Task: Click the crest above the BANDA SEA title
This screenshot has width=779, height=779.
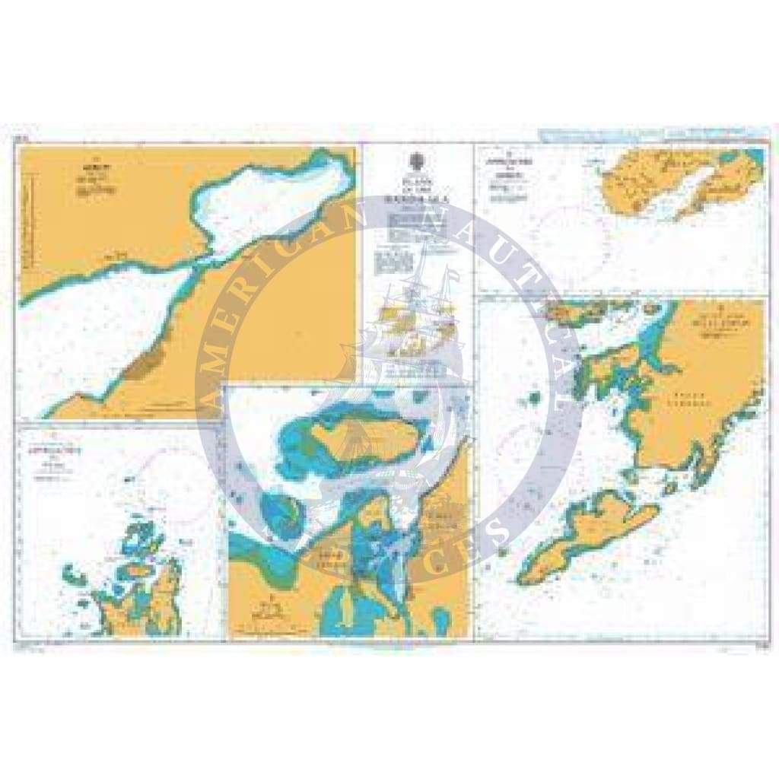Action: pos(416,161)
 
